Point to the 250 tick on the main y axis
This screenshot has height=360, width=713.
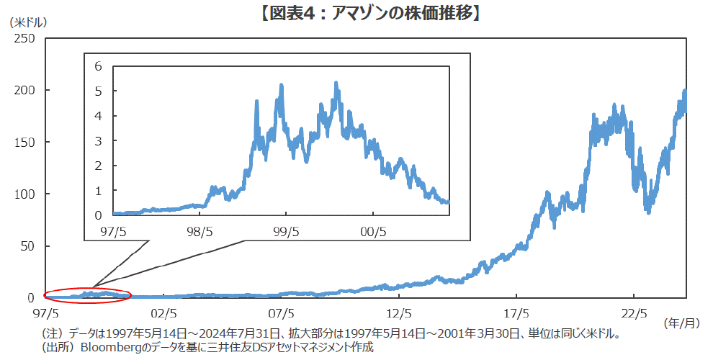point(24,38)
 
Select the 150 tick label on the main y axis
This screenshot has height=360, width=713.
point(24,142)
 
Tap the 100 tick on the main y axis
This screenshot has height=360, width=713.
point(24,194)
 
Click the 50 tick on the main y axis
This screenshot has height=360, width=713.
point(27,246)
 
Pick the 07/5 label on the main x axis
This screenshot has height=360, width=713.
point(281,314)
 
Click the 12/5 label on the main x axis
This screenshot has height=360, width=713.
point(399,314)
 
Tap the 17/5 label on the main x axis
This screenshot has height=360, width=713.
point(516,314)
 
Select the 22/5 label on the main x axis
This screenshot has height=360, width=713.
point(634,314)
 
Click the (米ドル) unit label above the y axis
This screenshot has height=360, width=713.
point(27,22)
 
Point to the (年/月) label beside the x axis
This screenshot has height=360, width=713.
point(680,324)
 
